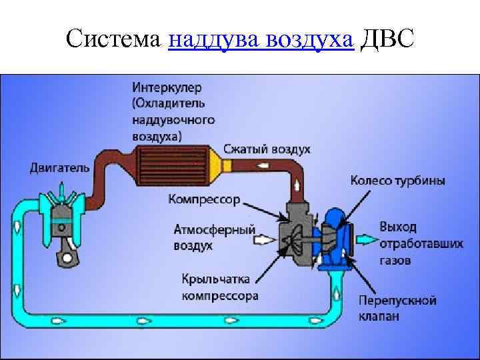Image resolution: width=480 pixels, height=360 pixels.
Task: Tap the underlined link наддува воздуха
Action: click(x=261, y=41)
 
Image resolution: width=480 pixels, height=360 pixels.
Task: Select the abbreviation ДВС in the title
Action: click(x=387, y=41)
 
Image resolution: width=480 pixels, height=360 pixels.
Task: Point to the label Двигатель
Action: click(x=59, y=168)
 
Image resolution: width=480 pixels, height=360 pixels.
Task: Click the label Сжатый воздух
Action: click(x=267, y=149)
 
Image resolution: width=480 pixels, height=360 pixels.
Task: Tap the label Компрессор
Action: click(x=204, y=199)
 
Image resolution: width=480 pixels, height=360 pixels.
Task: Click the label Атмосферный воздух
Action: click(x=215, y=237)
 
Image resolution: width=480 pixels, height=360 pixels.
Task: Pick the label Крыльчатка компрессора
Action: click(x=219, y=288)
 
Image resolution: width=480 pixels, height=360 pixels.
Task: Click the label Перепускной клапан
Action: click(x=397, y=309)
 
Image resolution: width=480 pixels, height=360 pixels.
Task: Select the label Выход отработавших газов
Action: click(x=421, y=243)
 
